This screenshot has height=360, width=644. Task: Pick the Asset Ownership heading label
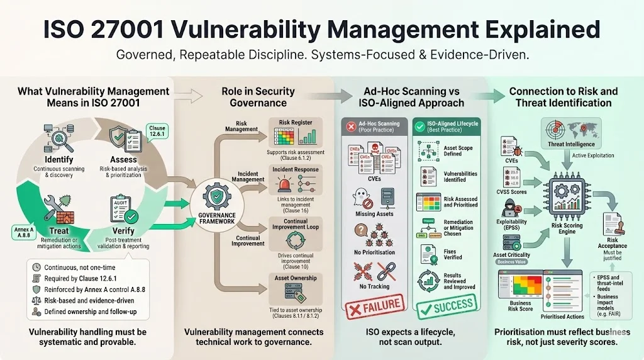click(296, 278)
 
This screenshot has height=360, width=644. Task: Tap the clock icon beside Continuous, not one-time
click(36, 267)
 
